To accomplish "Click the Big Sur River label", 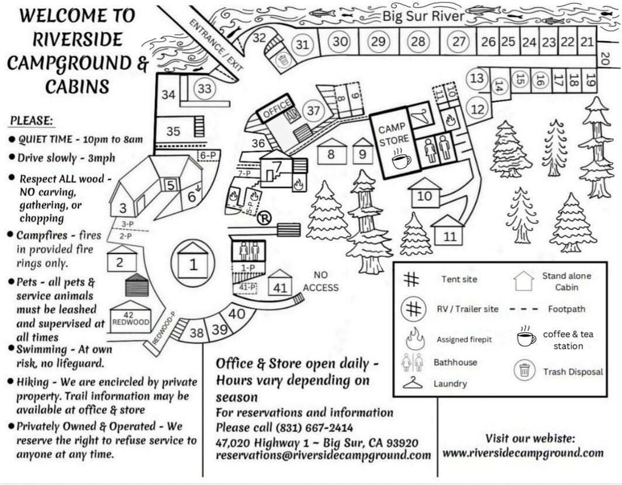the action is [x=423, y=16].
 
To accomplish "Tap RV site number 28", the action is [x=417, y=41].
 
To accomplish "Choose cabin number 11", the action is [x=450, y=237].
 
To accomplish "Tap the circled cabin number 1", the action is [x=193, y=265].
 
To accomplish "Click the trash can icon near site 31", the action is [x=283, y=59].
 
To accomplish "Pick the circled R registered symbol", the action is [x=264, y=219].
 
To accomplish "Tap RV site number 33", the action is [x=204, y=89].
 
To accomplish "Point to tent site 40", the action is [x=236, y=314].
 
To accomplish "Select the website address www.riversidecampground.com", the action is [x=523, y=452].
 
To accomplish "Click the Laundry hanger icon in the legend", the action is [x=412, y=383].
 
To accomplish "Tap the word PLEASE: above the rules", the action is [x=32, y=121].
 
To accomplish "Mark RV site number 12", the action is [x=478, y=108].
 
